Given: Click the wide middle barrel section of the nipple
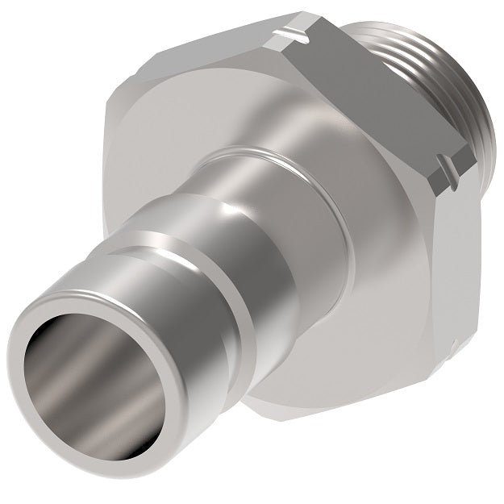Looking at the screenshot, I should pyautogui.click(x=266, y=242).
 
